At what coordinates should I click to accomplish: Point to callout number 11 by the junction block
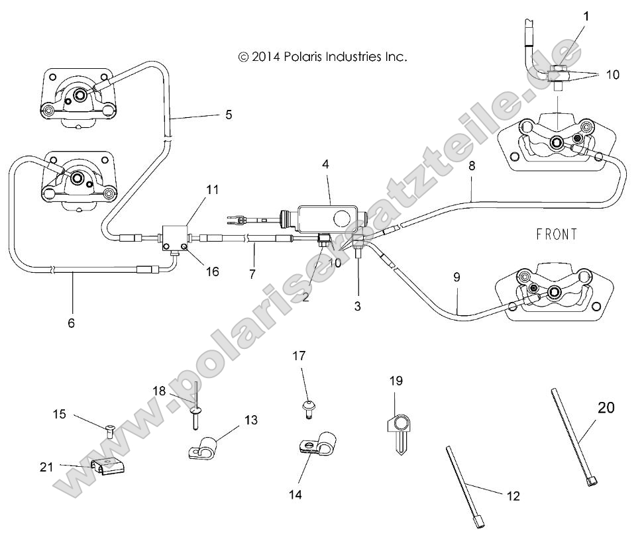click(212, 189)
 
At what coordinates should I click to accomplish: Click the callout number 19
click(396, 381)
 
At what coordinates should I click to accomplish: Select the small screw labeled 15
click(110, 432)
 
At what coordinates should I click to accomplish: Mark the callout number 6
click(72, 323)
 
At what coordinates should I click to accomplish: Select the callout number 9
click(456, 278)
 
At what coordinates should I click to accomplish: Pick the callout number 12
click(513, 495)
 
